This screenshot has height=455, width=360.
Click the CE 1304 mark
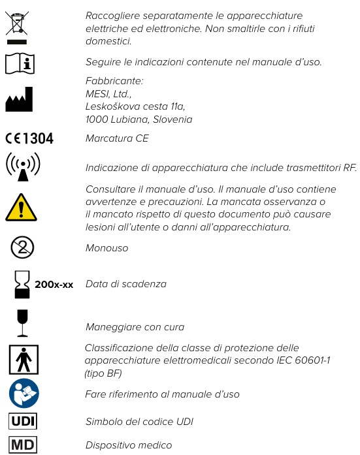coord(29,138)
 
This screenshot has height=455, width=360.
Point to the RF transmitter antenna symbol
coord(22,167)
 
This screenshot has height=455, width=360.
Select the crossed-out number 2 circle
coord(22,248)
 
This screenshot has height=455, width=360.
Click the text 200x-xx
coord(54,285)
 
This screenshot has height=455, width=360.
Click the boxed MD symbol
coord(23,445)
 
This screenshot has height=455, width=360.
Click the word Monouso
coord(106,249)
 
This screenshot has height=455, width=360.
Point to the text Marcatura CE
coord(117,138)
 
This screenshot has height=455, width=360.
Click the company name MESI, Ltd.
coord(108,93)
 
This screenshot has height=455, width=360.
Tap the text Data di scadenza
coord(125,284)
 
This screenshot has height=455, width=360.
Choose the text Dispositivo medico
coord(129,445)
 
